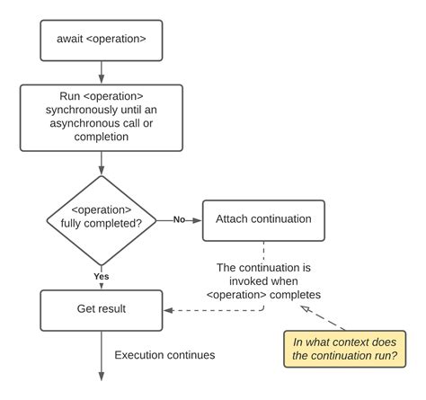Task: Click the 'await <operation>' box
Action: tap(101, 40)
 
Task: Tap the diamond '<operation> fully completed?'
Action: tap(101, 218)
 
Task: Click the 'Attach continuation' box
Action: tap(262, 218)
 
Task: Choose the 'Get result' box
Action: tap(101, 309)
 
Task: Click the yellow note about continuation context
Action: tap(343, 349)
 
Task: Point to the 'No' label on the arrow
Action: tap(180, 218)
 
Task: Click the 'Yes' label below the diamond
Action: tap(102, 277)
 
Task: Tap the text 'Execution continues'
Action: tap(164, 355)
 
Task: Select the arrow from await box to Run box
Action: tap(101, 69)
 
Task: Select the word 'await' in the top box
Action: tap(74, 40)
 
